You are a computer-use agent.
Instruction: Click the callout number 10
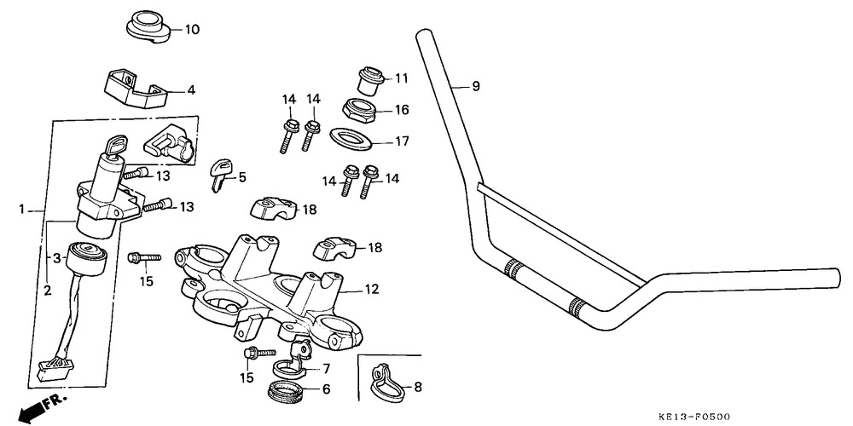pos(192,30)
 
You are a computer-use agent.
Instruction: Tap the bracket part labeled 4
pos(136,89)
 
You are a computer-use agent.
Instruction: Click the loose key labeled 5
pos(220,170)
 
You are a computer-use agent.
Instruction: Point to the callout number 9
pos(476,86)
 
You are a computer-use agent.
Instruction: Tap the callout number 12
pos(369,290)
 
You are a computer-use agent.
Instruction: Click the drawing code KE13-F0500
pos(693,417)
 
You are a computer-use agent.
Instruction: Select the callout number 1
pos(21,209)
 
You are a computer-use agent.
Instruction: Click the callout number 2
pos(48,291)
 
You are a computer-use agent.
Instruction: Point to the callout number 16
pos(401,110)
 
